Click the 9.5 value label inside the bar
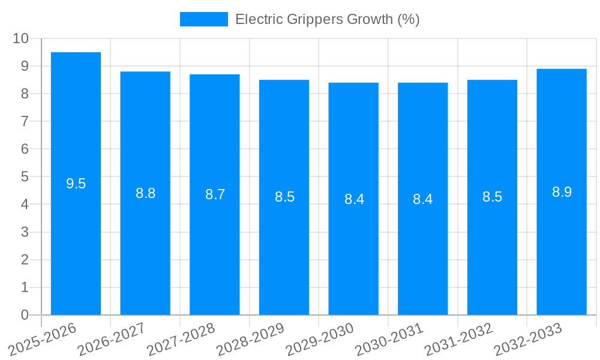76,184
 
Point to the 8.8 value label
146,193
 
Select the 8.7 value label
215,194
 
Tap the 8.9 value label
562,192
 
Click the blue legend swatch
204,19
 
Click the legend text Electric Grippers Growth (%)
327,19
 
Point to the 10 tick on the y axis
21,38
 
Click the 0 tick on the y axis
25,315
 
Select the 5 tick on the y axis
25,177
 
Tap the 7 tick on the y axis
25,121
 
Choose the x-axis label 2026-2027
112,340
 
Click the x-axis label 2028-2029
250,340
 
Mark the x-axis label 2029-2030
320,340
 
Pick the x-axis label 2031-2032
458,340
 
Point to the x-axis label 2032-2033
528,340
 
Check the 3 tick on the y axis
25,232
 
